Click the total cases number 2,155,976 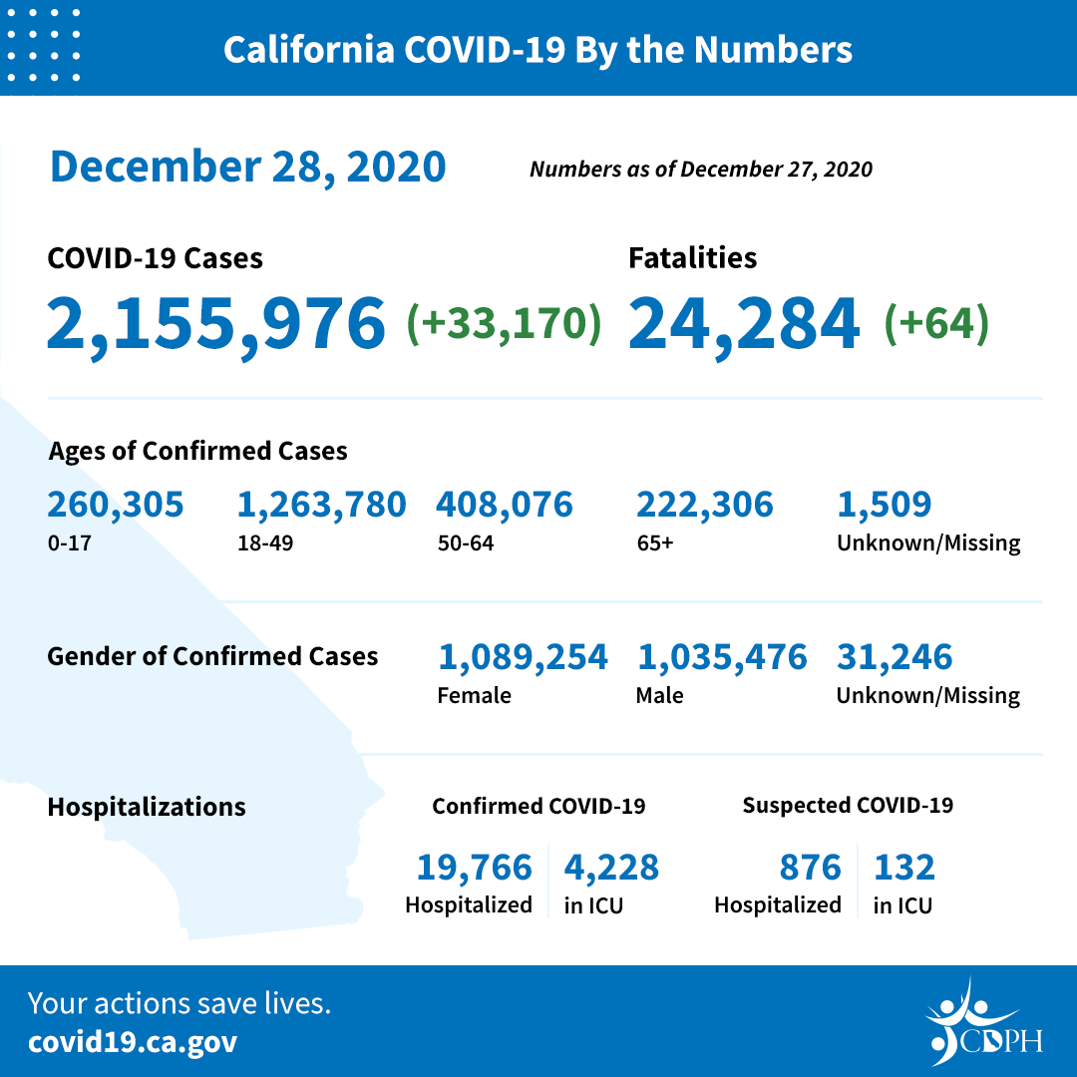[x=215, y=323]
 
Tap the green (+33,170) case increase [x=504, y=323]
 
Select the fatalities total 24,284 [x=744, y=323]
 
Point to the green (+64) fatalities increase [x=936, y=323]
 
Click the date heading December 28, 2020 [x=247, y=167]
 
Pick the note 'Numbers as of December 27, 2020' [x=700, y=170]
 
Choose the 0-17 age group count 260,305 [x=116, y=505]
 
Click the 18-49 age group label [x=258, y=543]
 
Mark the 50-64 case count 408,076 [x=505, y=505]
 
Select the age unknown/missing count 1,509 [x=885, y=505]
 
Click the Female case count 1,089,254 [x=523, y=657]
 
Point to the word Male [x=659, y=695]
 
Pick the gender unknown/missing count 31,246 [x=895, y=657]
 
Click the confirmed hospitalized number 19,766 [x=474, y=868]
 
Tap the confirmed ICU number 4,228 [x=611, y=868]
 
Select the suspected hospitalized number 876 [x=811, y=868]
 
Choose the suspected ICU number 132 [x=904, y=868]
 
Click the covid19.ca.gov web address [x=133, y=1043]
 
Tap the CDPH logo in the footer [x=983, y=1023]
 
